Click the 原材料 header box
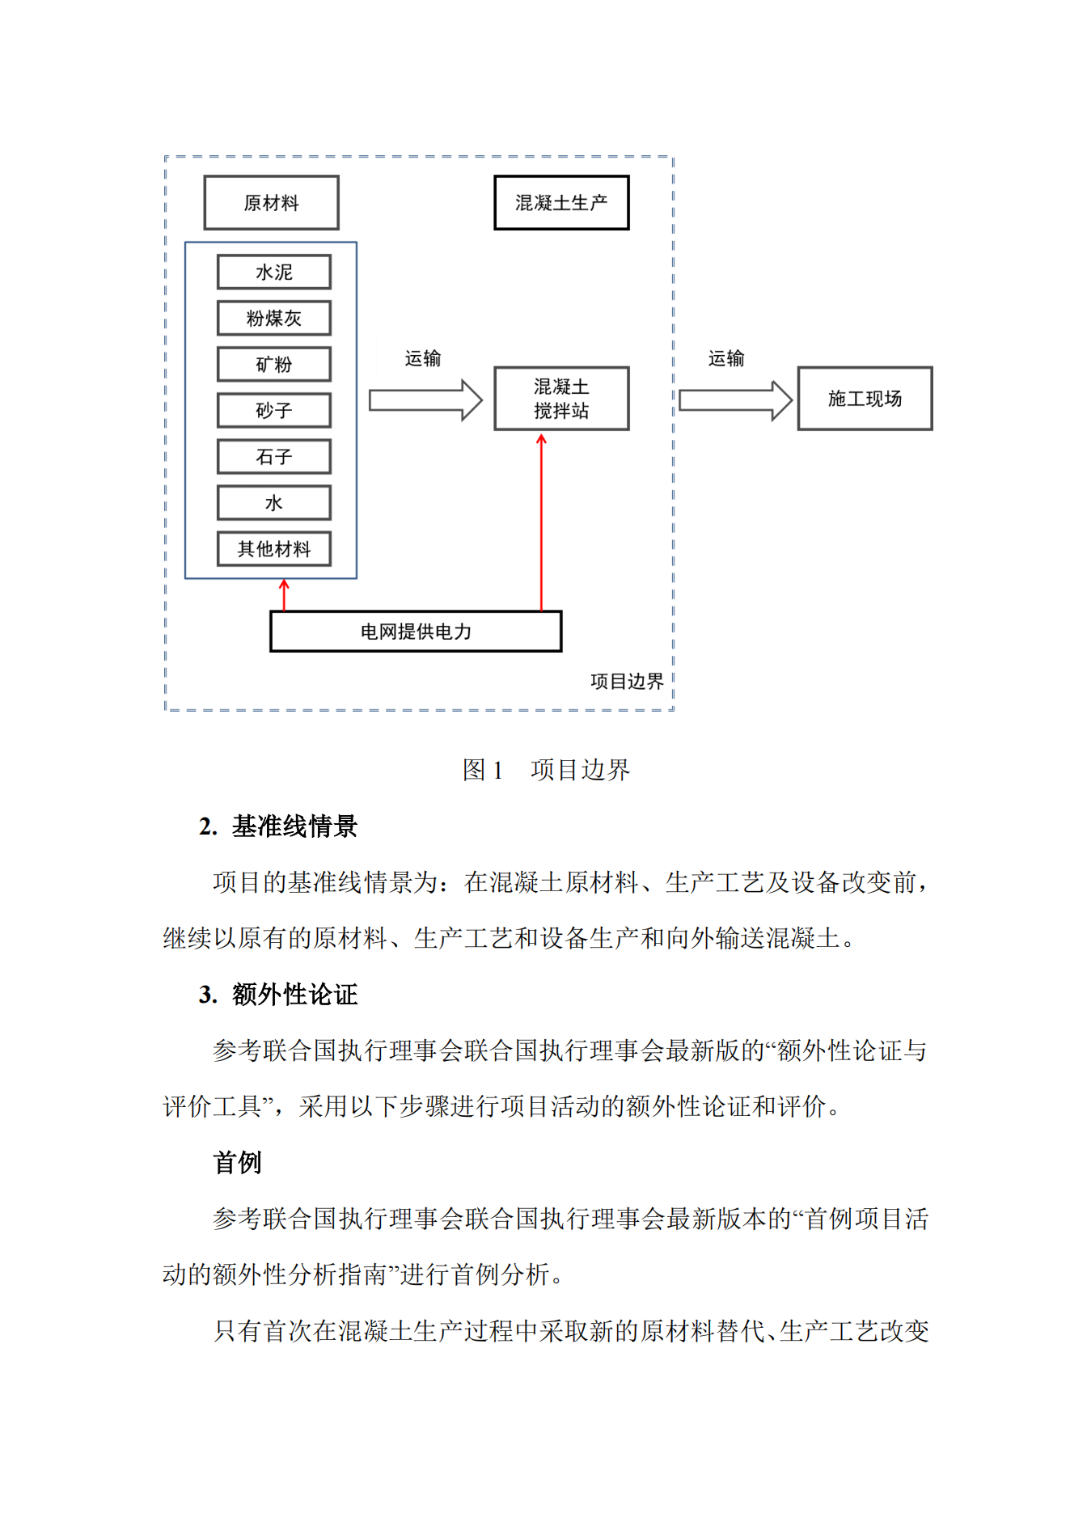coord(271,203)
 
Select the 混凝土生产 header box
coord(561,203)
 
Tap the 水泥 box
coord(274,273)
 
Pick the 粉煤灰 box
coord(274,319)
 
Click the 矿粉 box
coord(274,365)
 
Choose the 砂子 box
coord(274,411)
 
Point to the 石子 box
coord(274,457)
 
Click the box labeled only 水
coord(274,503)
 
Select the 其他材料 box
coord(274,549)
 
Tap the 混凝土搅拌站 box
coord(561,399)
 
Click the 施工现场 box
coord(865,399)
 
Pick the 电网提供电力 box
coord(416,632)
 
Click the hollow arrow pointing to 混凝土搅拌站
coord(425,400)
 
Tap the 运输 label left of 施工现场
coord(725,358)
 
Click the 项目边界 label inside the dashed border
coord(627,682)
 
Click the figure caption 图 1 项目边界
coord(546,770)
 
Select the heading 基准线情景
coord(294,826)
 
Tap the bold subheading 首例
coord(237,1163)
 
